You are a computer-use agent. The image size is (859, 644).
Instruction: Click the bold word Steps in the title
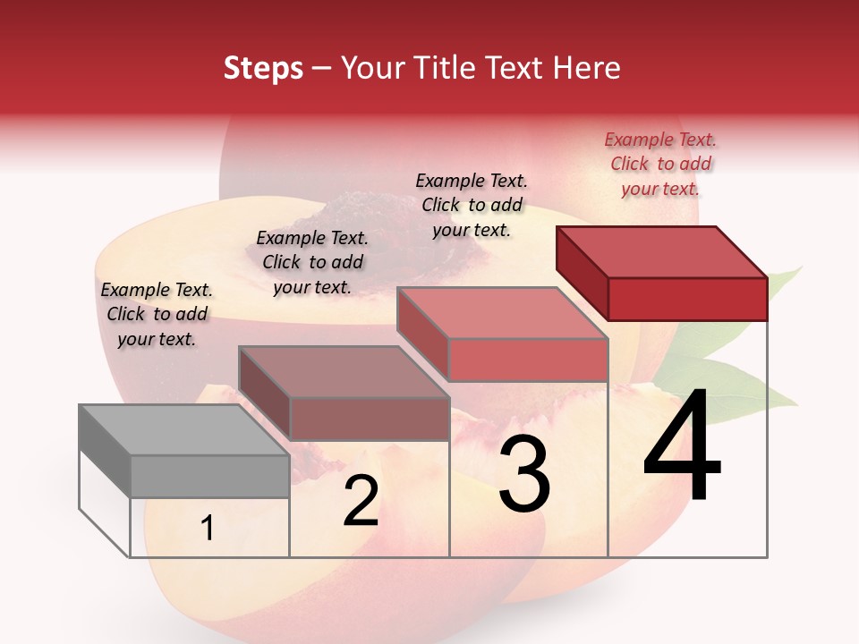pyautogui.click(x=263, y=68)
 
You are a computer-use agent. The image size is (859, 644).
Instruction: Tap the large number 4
pyautogui.click(x=682, y=448)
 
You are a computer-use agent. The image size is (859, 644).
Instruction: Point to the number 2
pyautogui.click(x=361, y=502)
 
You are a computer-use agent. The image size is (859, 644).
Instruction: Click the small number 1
pyautogui.click(x=207, y=529)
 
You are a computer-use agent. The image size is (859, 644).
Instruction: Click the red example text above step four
pyautogui.click(x=660, y=164)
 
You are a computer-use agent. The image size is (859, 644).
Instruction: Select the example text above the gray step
pyautogui.click(x=157, y=314)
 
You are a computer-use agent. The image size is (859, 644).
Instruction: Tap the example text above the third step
pyautogui.click(x=472, y=205)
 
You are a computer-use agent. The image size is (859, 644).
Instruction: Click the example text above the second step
pyautogui.click(x=312, y=262)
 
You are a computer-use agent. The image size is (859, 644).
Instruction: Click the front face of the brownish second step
pyautogui.click(x=370, y=419)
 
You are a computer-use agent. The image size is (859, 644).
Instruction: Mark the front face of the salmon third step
pyautogui.click(x=528, y=360)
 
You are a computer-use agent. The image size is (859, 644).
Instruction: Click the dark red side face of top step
pyautogui.click(x=582, y=272)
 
